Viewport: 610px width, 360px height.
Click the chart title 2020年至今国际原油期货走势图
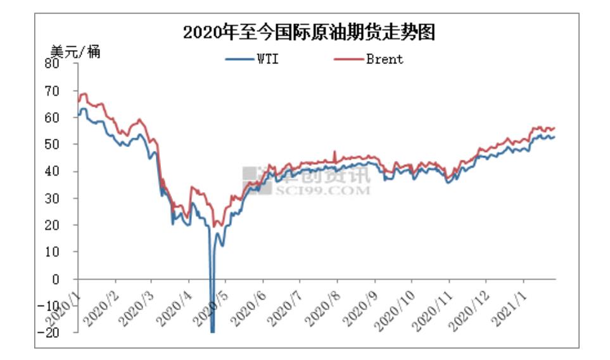(x=309, y=32)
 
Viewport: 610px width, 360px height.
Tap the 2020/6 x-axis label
(x=248, y=306)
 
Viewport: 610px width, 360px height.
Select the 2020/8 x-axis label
(x=322, y=306)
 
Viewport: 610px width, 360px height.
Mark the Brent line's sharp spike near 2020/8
(x=334, y=153)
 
